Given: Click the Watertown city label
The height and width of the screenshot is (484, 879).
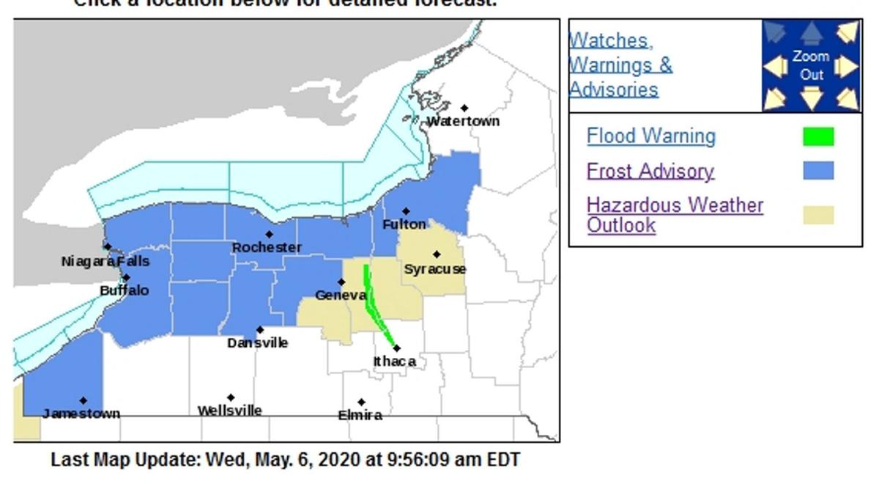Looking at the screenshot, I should tap(463, 121).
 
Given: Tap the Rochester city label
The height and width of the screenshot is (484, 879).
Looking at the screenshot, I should tap(267, 248).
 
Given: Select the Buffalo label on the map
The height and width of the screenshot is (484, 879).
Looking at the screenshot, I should tap(125, 290).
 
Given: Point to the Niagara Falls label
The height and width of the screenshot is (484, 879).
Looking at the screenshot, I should tap(105, 261).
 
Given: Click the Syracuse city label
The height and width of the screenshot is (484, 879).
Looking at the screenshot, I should tap(435, 269).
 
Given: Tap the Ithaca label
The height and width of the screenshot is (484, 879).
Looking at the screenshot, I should tap(395, 362).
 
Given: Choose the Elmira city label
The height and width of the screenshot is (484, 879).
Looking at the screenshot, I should tap(360, 416).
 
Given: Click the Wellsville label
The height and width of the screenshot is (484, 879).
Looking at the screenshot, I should tap(230, 411).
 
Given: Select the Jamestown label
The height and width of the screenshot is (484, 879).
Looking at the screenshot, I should tap(81, 414).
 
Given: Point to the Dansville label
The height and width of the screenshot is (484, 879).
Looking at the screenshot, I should tap(257, 343).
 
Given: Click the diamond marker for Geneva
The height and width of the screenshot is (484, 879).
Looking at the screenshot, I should tap(341, 282).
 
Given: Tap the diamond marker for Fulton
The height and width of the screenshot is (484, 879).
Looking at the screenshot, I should tap(406, 211).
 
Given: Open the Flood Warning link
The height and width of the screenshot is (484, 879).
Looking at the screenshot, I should tap(650, 136).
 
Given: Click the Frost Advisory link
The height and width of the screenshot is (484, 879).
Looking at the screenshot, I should tap(650, 171).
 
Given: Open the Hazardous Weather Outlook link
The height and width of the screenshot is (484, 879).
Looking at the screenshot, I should tap(674, 214).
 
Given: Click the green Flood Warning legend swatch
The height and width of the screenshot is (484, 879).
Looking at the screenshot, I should tap(818, 137).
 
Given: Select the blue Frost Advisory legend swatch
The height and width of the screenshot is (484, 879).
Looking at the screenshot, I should tap(818, 171).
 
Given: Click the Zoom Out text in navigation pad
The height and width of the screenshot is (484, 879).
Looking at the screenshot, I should tap(811, 65).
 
